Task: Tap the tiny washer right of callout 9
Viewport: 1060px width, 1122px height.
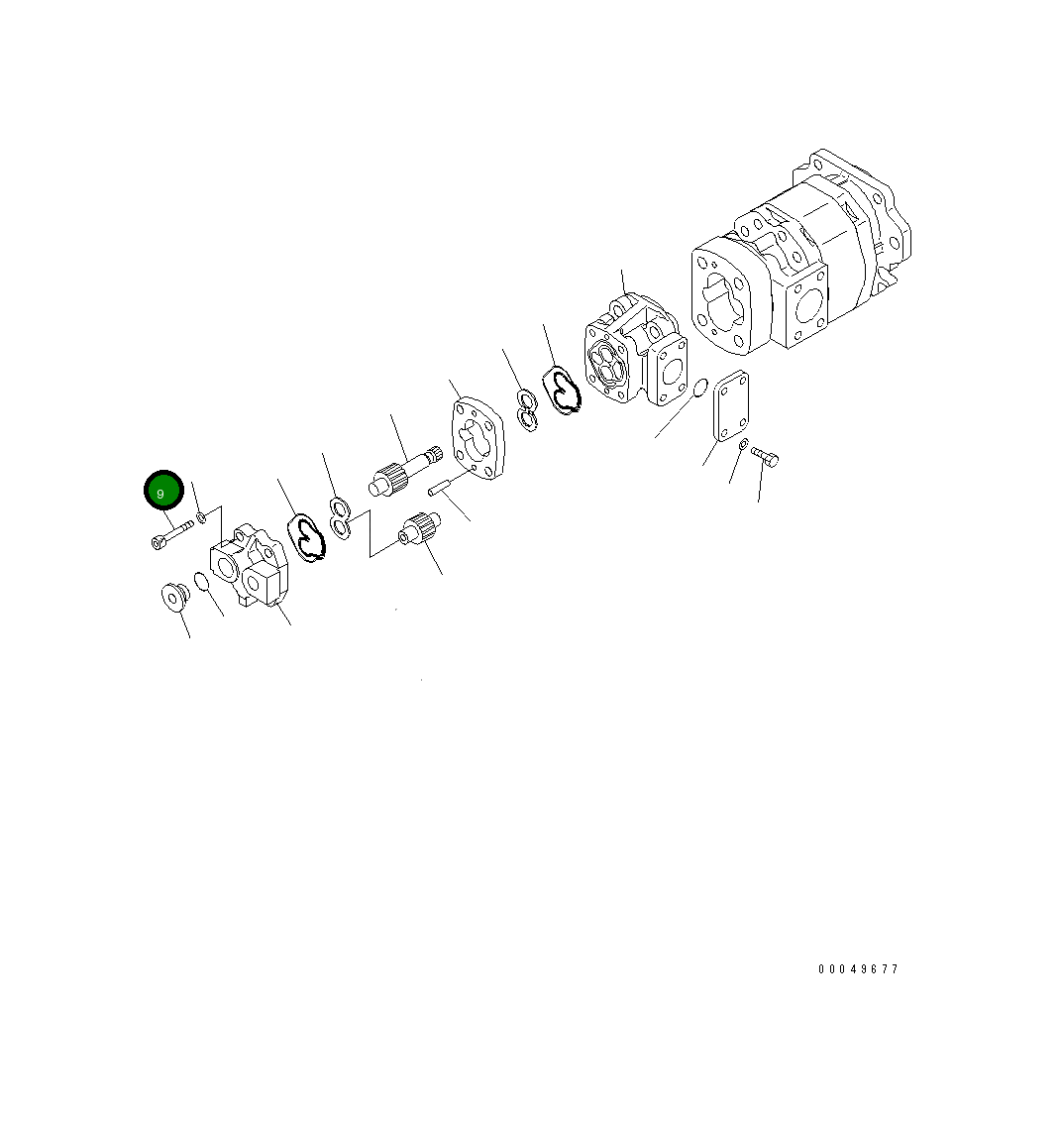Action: [201, 516]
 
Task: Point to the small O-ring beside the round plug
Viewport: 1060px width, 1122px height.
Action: [202, 582]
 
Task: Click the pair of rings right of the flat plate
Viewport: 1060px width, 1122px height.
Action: [527, 409]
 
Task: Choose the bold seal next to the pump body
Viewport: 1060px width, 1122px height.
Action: [563, 389]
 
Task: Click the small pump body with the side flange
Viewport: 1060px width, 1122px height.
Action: [634, 351]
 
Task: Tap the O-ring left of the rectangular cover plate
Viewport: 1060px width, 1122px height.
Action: [698, 388]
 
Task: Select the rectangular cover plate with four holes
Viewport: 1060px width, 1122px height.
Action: [732, 405]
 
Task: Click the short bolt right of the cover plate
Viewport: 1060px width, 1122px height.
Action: [766, 457]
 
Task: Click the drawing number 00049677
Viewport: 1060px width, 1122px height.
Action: [858, 968]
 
